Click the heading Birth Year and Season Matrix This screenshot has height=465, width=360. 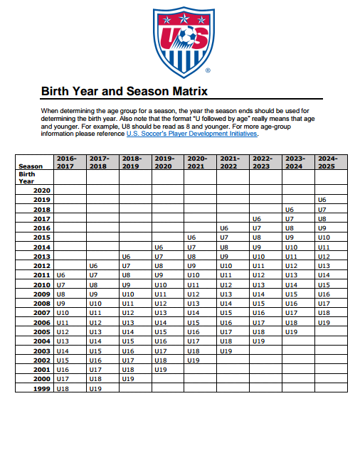point(124,92)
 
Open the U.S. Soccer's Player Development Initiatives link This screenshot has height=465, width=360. point(191,133)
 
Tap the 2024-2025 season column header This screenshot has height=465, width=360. point(327,161)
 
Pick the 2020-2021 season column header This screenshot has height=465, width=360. point(197,161)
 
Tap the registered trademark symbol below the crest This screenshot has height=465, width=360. point(207,71)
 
